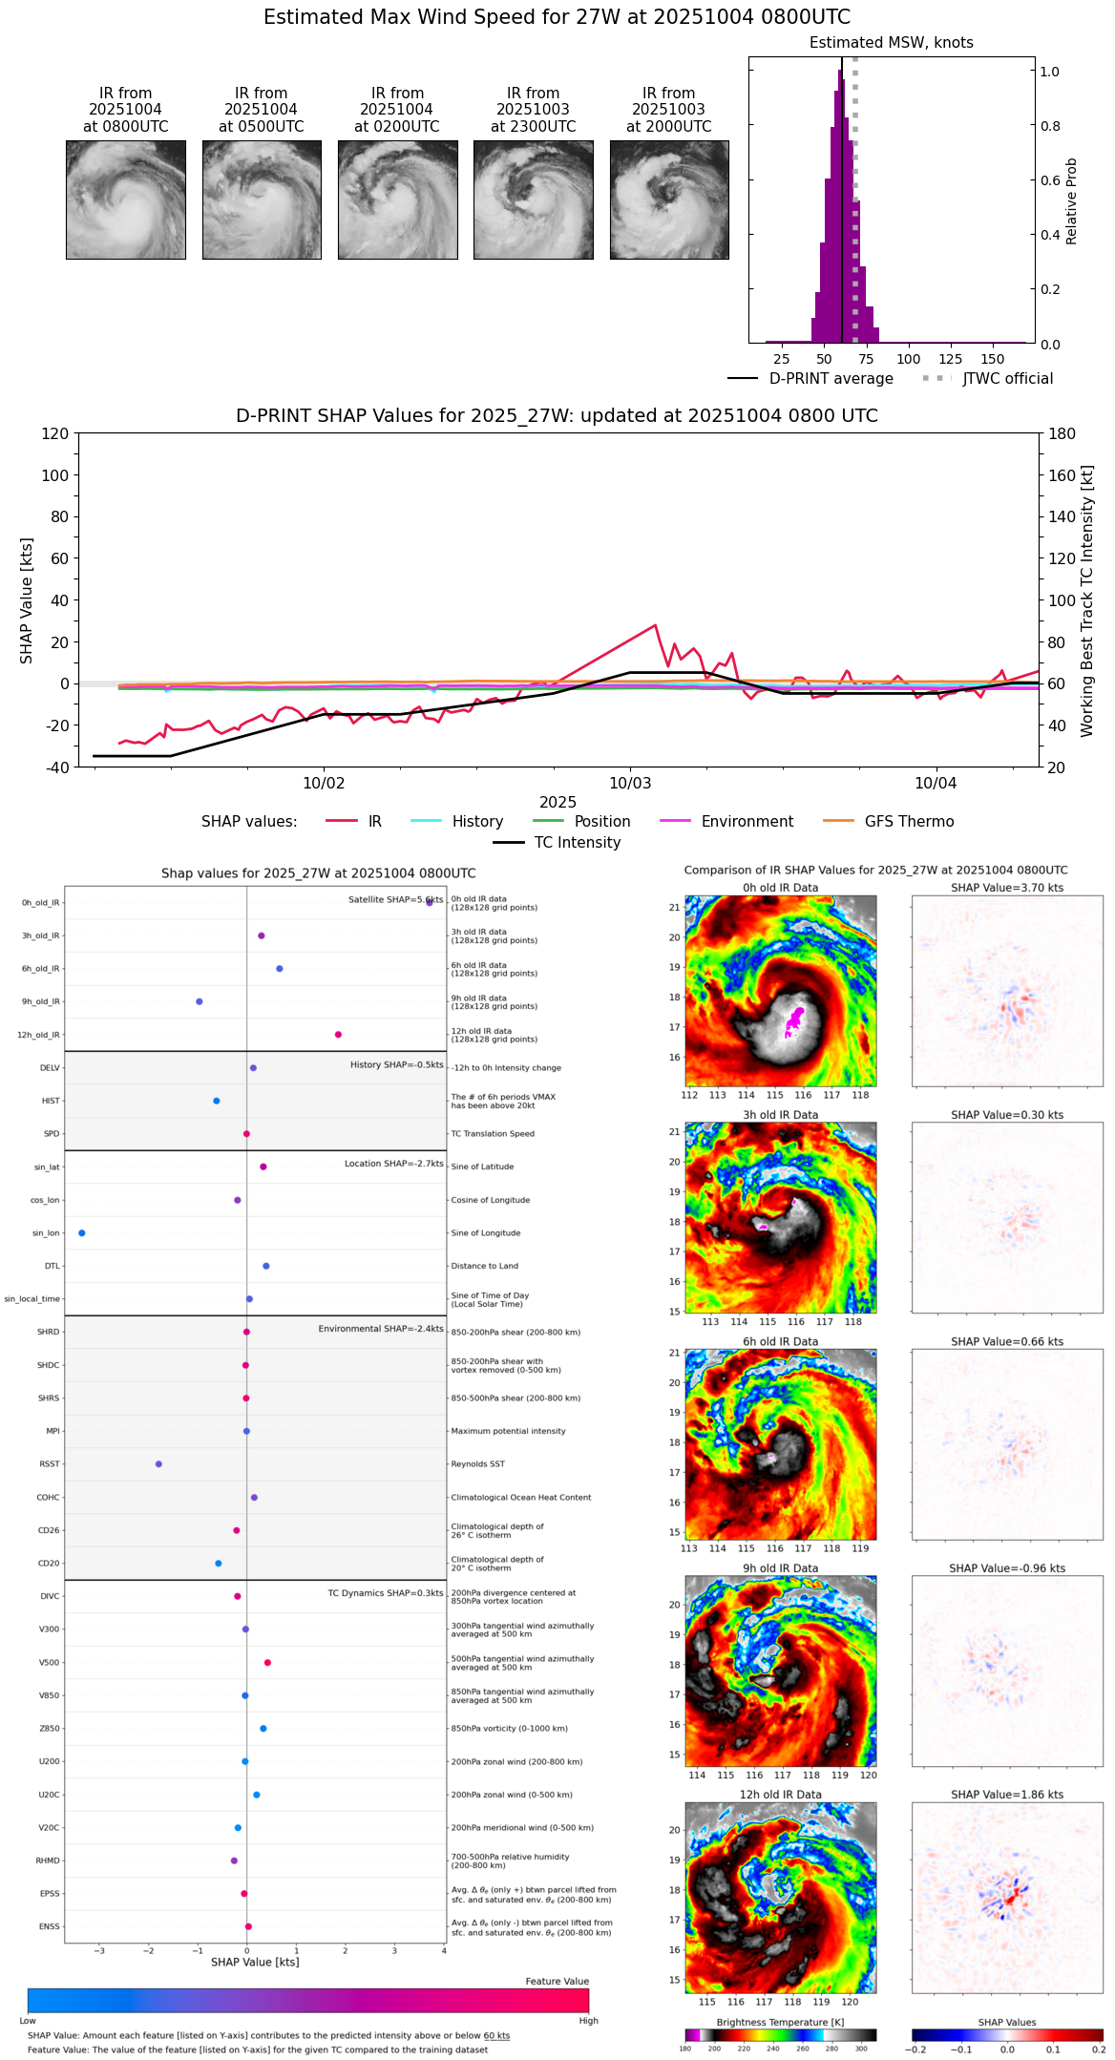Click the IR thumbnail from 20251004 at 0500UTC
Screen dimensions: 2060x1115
(262, 200)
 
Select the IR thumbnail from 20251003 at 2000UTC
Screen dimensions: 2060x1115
(669, 200)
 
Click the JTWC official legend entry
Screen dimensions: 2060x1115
(1007, 379)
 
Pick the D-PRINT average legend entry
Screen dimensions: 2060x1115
(831, 379)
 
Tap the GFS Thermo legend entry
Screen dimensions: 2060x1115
(909, 822)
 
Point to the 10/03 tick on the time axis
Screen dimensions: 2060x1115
(630, 783)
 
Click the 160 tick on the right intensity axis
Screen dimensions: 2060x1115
(1062, 475)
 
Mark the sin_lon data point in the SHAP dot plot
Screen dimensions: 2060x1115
(82, 1233)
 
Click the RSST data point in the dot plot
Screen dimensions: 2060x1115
(158, 1464)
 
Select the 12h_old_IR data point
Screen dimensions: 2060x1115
(338, 1035)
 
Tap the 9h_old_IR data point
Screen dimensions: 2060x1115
(200, 1001)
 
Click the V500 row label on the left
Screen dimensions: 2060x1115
(49, 1663)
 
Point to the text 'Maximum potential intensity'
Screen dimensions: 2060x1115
(508, 1431)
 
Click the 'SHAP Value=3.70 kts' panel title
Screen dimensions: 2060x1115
(1006, 888)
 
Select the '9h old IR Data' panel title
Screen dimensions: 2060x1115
(780, 1568)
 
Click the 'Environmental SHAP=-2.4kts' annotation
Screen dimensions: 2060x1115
(380, 1329)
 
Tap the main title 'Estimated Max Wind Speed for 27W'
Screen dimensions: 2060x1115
(557, 17)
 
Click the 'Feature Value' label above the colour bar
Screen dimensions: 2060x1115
(557, 1982)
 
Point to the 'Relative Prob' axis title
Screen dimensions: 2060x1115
(1071, 201)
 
